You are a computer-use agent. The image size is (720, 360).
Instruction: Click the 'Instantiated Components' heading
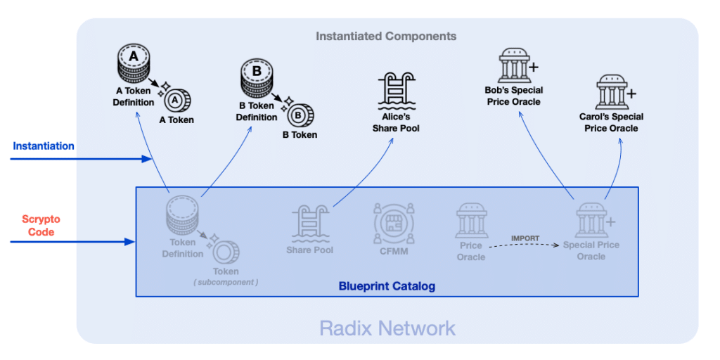point(386,36)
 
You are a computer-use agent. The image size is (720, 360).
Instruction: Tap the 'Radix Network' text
point(387,328)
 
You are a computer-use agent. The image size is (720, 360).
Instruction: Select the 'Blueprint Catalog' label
point(387,286)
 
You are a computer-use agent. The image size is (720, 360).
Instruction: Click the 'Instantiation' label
point(44,146)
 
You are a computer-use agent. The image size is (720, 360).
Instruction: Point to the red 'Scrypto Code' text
point(41,226)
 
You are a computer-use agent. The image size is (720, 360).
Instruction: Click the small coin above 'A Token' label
point(176,100)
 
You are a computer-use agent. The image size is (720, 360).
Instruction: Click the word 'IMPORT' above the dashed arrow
point(525,238)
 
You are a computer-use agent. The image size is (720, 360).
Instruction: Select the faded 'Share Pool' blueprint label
point(310,250)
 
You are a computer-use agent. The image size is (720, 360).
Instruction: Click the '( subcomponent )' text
point(226,282)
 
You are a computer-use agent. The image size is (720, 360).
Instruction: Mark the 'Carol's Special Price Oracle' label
point(611,122)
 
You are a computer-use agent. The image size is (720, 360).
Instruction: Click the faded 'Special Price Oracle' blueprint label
point(591,251)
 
